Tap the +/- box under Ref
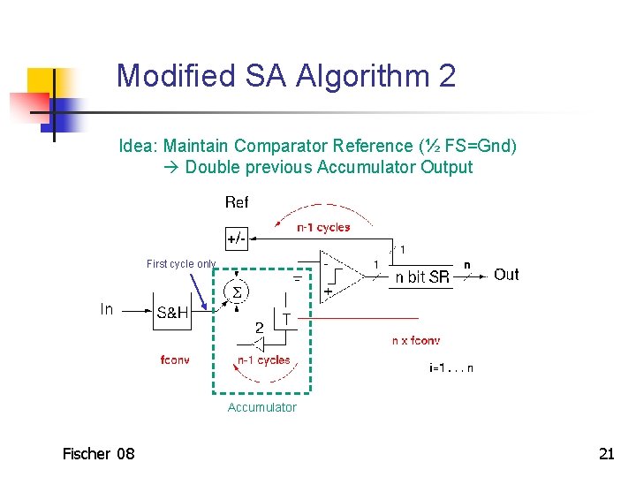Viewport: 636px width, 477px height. pos(237,238)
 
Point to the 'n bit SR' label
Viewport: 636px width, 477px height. pos(422,277)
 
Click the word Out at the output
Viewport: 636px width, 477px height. pos(506,275)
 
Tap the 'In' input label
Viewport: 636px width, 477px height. pos(107,309)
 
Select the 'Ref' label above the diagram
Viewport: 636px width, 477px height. pos(237,202)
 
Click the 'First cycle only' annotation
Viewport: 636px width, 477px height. pos(181,264)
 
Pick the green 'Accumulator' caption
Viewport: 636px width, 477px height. pos(262,407)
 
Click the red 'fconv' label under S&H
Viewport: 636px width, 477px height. pos(175,360)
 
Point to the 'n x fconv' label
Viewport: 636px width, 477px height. pos(415,341)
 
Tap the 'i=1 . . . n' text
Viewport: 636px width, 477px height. pos(450,368)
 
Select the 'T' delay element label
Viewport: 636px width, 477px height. pos(287,317)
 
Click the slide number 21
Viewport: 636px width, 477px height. pos(606,454)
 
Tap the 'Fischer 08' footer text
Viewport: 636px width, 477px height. pos(98,454)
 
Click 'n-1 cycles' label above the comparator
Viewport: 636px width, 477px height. pos(323,227)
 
